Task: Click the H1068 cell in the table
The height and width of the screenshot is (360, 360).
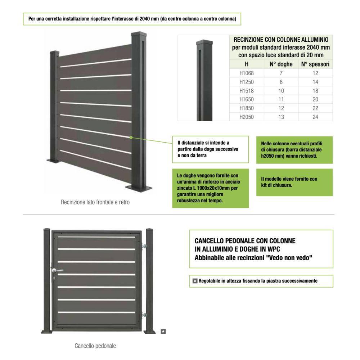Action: coord(247,73)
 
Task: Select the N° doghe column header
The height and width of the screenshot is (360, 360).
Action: coord(281,64)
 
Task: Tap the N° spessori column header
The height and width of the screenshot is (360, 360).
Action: coord(315,64)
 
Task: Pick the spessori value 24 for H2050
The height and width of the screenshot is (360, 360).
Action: coord(315,117)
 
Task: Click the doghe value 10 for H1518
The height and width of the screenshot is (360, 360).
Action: coord(281,91)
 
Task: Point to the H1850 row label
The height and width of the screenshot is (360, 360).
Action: coord(247,108)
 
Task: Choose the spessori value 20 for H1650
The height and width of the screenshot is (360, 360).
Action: coord(315,99)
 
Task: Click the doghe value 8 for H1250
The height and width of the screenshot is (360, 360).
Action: coord(281,82)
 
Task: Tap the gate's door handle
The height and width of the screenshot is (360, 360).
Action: coord(57,271)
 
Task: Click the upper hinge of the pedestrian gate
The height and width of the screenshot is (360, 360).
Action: coord(144,246)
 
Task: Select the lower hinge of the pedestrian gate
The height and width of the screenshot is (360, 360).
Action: coord(144,315)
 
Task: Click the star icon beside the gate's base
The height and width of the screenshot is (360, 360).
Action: coord(163,331)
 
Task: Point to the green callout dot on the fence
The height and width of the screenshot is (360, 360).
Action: coord(131,137)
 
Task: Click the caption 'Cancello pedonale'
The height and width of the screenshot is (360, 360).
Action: coord(95,346)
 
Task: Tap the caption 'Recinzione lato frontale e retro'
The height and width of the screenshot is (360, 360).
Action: coord(95,202)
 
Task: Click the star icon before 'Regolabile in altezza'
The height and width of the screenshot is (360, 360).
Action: coord(195,281)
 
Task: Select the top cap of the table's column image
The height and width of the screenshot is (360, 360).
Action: coord(204,42)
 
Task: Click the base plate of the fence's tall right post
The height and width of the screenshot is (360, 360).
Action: coord(139,188)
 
